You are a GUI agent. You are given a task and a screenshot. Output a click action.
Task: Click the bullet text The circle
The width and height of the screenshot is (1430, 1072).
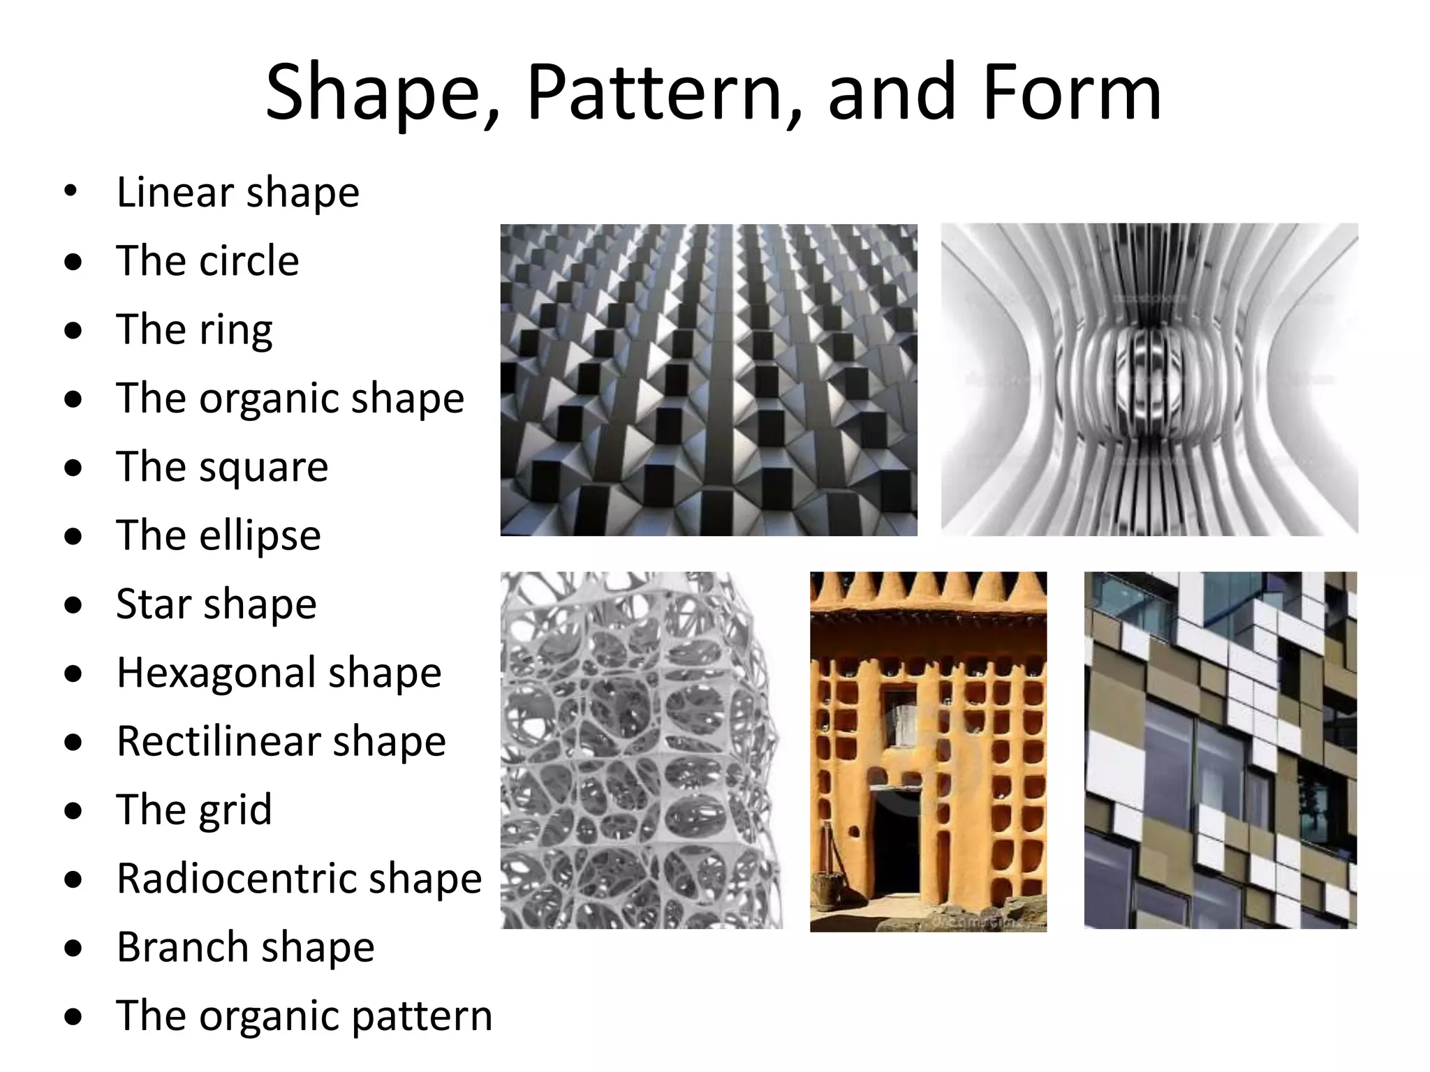pos(207,261)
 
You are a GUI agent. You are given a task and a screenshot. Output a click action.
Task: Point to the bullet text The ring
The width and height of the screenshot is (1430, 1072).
pos(194,329)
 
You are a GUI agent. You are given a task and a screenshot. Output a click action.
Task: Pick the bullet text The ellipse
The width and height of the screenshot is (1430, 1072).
pos(219,535)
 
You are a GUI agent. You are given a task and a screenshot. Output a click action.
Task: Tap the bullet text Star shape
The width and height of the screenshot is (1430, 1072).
pos(216,604)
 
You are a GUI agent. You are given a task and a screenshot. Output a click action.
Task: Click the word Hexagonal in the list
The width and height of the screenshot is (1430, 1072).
pos(216,673)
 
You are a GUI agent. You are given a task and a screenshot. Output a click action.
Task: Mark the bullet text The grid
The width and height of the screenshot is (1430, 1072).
pos(194,810)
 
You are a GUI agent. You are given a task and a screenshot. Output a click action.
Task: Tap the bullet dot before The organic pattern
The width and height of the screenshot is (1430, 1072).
pos(73,1017)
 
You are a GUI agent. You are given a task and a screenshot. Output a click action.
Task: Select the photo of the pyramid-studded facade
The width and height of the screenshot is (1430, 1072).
pos(709,380)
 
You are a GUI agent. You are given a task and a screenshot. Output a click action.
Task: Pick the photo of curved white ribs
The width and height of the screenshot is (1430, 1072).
pos(1149,380)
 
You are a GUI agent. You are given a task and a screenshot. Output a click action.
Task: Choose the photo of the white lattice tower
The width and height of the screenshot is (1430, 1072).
pos(641,750)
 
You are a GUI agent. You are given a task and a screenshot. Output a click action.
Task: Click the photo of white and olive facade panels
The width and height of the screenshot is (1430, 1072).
pos(1220,750)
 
